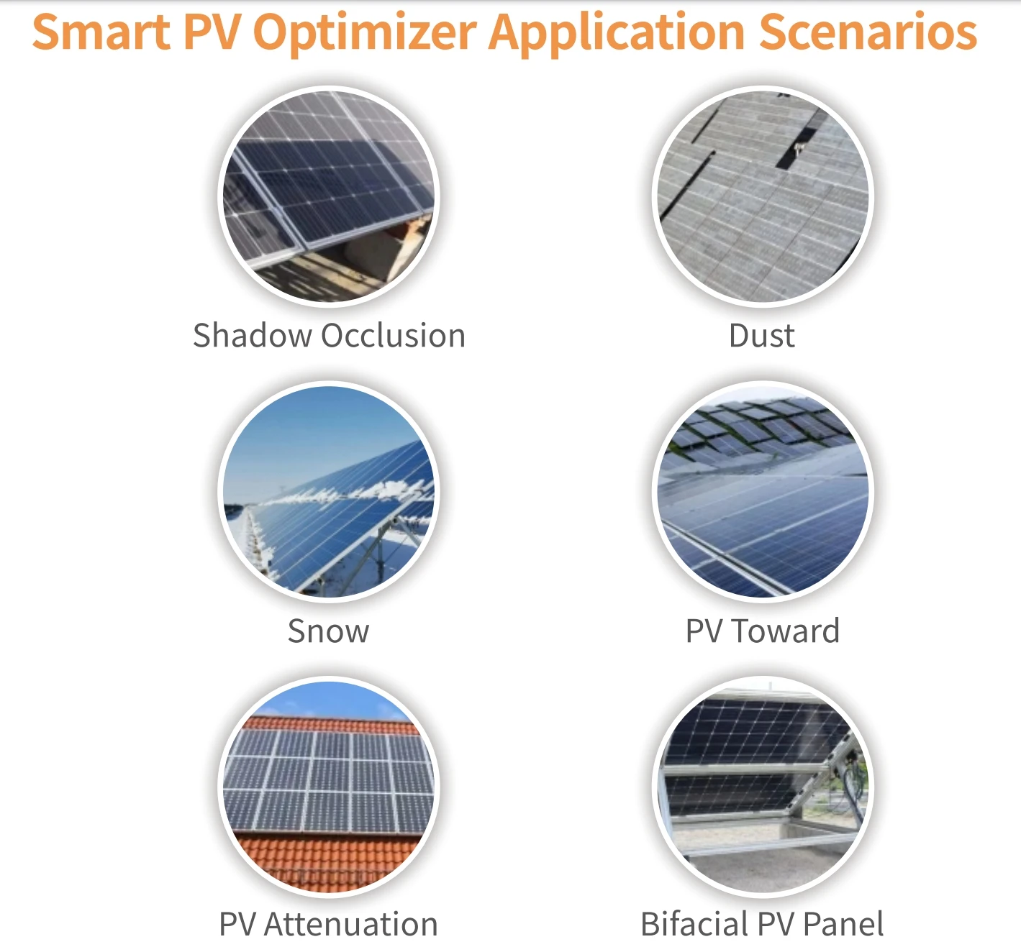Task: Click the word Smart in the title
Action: [x=101, y=32]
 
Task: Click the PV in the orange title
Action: [x=213, y=32]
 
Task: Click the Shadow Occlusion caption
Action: [x=329, y=336]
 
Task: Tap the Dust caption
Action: [x=761, y=336]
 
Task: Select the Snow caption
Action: [x=328, y=631]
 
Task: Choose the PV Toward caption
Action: [x=762, y=631]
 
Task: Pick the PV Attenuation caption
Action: [x=328, y=925]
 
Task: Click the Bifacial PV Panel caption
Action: [x=762, y=925]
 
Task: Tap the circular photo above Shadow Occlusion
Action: [x=329, y=196]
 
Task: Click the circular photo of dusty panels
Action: [x=763, y=196]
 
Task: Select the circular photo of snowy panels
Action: [x=329, y=492]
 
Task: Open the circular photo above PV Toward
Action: [x=763, y=492]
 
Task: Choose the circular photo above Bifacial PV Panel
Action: [x=763, y=785]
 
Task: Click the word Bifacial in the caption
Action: [x=694, y=925]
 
